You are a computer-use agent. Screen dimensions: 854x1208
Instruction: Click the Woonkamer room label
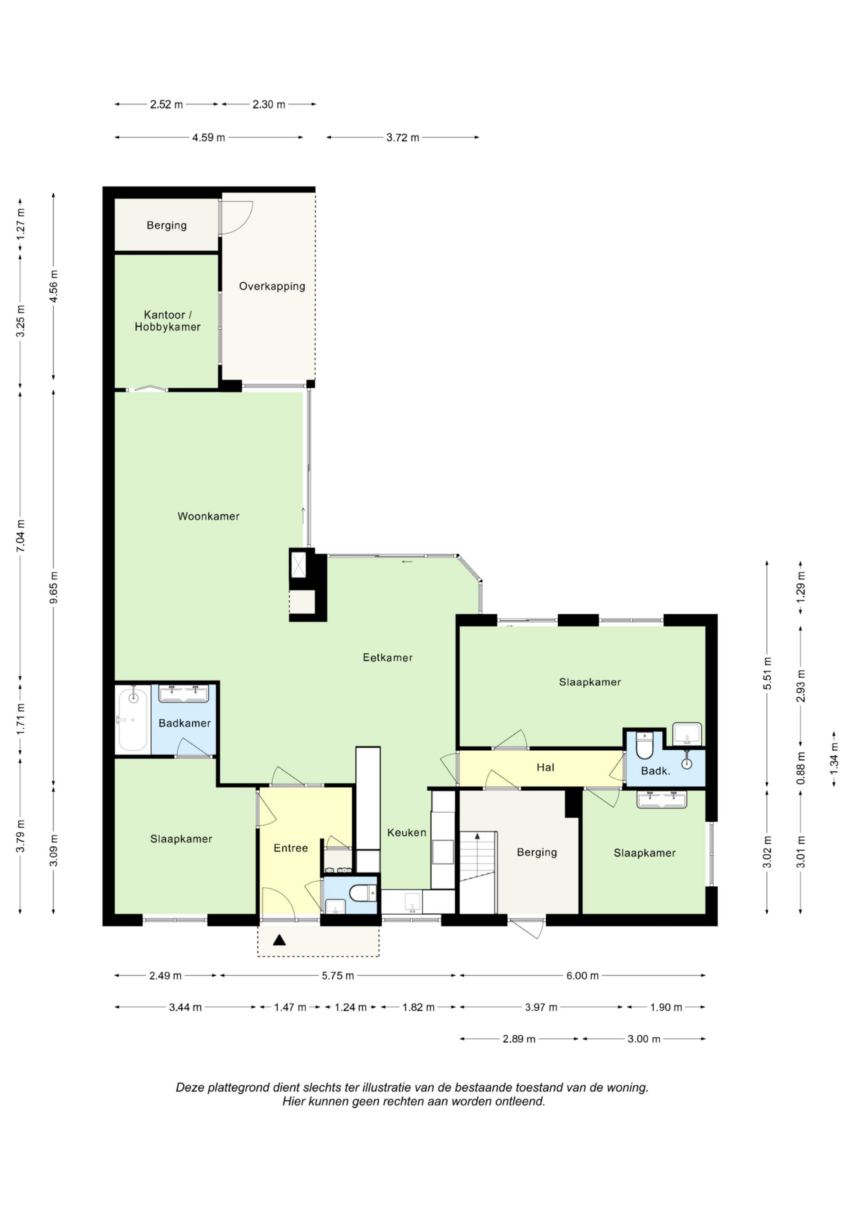pyautogui.click(x=208, y=516)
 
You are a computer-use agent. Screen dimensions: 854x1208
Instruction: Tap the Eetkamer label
pyautogui.click(x=388, y=657)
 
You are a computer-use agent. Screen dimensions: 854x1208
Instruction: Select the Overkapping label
pyautogui.click(x=272, y=286)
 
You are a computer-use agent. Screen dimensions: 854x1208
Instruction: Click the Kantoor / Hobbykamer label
pyautogui.click(x=167, y=321)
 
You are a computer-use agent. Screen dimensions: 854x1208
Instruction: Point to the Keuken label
pyautogui.click(x=407, y=832)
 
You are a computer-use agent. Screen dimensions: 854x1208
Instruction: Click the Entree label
pyautogui.click(x=291, y=848)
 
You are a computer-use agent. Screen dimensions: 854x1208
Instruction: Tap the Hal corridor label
pyautogui.click(x=545, y=767)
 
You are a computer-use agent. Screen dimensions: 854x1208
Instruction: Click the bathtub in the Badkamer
pyautogui.click(x=133, y=719)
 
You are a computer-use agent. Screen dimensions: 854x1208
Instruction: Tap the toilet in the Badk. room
pyautogui.click(x=645, y=745)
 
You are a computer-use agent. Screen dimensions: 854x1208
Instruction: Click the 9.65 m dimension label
pyautogui.click(x=54, y=587)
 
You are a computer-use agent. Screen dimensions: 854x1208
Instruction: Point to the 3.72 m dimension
pyautogui.click(x=403, y=137)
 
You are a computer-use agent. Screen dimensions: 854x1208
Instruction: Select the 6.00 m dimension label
pyautogui.click(x=582, y=975)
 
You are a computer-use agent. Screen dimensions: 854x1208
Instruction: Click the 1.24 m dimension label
pyautogui.click(x=351, y=1007)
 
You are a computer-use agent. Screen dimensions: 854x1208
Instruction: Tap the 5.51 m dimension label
pyautogui.click(x=767, y=674)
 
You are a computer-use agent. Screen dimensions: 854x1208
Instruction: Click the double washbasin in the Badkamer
pyautogui.click(x=184, y=693)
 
